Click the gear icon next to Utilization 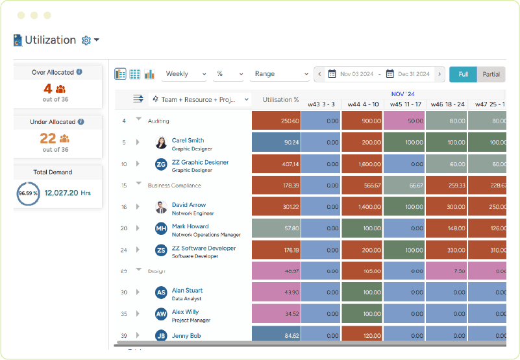click(86, 40)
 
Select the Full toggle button click(463, 74)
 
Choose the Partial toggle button click(491, 74)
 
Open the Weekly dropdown click(185, 74)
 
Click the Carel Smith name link click(188, 140)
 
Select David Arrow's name click(188, 205)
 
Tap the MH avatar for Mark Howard click(161, 229)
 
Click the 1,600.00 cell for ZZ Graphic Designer click(362, 164)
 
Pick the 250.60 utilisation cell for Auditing click(276, 121)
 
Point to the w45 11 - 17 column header click(403, 104)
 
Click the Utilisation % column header click(280, 100)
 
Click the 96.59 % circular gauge click(28, 193)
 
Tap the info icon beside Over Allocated click(79, 72)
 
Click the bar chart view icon click(150, 74)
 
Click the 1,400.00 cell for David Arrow click(362, 207)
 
